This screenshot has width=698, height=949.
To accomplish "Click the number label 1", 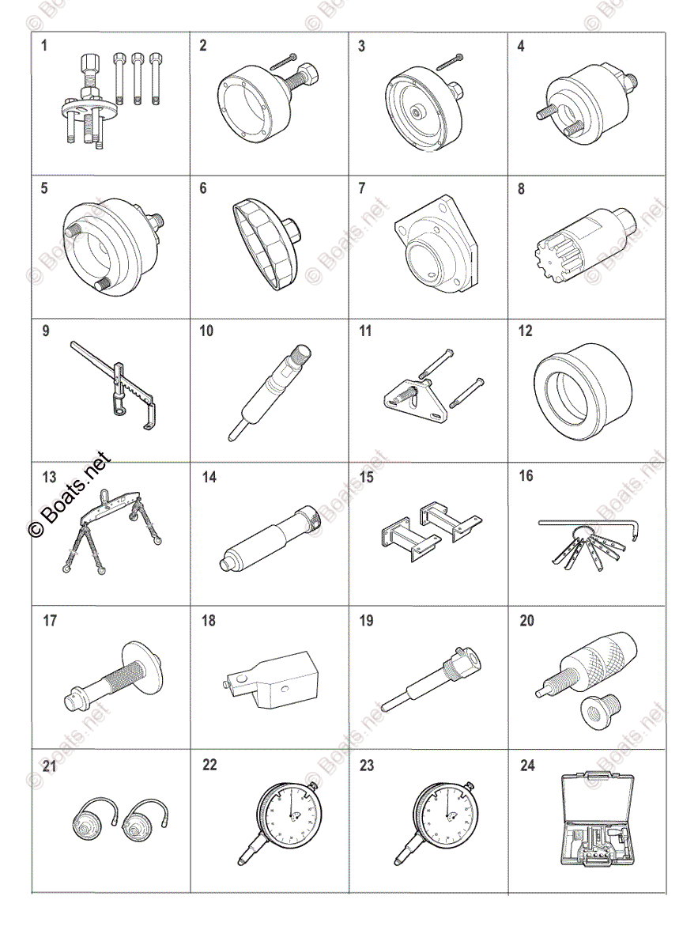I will tap(44, 46).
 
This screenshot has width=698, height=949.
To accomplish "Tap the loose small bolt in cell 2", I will tap(282, 62).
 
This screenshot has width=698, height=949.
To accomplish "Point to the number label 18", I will tap(208, 622).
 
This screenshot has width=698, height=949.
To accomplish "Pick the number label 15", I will tap(366, 478).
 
